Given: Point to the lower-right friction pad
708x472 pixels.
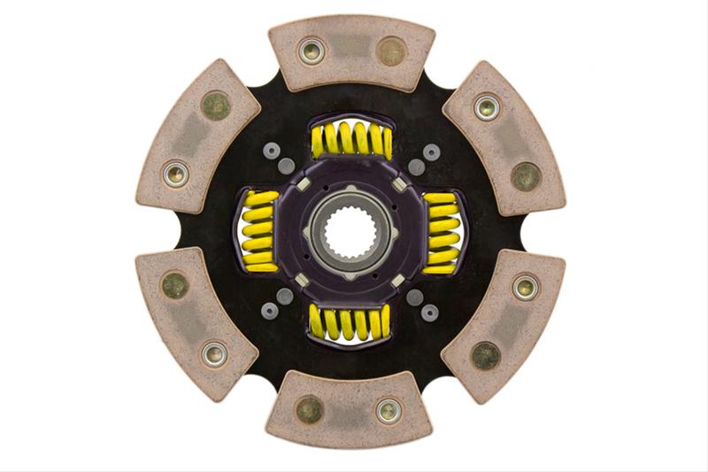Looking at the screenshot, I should [x=506, y=323].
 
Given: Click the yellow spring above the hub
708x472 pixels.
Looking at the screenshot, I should [x=351, y=140].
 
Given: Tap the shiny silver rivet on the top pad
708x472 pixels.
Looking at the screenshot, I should [x=312, y=50].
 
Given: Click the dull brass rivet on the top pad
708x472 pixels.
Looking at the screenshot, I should [x=391, y=50].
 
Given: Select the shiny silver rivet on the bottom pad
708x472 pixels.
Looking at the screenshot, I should [x=389, y=410].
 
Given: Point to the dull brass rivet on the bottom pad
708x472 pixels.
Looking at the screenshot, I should [x=309, y=409].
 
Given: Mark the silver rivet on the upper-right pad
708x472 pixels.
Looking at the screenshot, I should [x=486, y=107].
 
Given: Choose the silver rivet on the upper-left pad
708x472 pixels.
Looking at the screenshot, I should [x=175, y=174].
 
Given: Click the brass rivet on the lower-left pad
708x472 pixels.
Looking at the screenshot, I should [x=174, y=285].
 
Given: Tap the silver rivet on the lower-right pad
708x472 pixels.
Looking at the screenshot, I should [x=525, y=286].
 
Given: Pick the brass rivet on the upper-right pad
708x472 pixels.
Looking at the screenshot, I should [x=526, y=175].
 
